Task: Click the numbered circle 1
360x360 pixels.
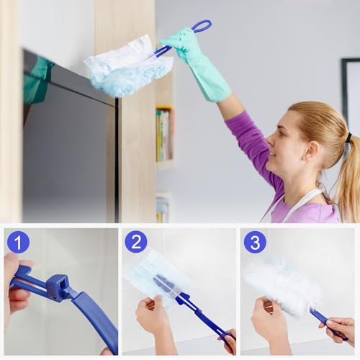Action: [x=18, y=241]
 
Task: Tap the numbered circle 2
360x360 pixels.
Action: [x=136, y=241]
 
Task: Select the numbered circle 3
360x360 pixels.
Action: [x=254, y=241]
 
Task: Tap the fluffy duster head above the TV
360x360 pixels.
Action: [x=128, y=66]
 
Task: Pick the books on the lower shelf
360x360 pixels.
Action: [x=163, y=208]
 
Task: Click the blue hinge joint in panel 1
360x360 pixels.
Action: [x=58, y=288]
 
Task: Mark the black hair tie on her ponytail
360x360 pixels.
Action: [x=348, y=137]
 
